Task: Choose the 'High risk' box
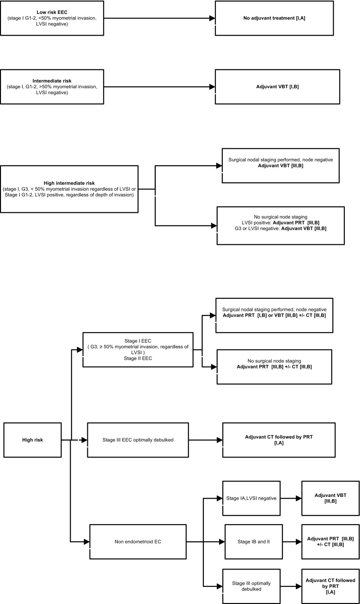point(32,440)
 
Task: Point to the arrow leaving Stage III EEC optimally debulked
point(206,440)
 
